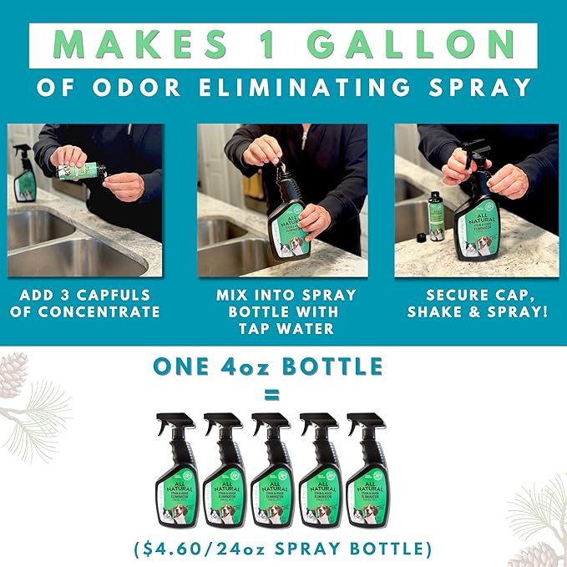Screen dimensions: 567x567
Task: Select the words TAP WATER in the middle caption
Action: pos(282,328)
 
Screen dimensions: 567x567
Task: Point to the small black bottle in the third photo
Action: pos(435,213)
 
